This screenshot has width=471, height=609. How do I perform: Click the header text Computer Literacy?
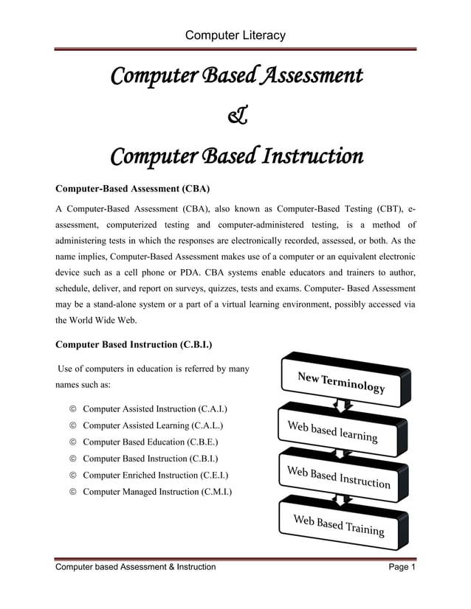[x=235, y=35]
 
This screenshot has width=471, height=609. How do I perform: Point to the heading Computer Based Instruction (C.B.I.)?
[x=135, y=344]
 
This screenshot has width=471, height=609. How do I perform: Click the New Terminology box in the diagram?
[x=341, y=382]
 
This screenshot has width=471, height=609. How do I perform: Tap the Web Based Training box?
[x=338, y=525]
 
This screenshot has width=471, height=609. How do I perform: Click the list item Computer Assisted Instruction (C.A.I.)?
[x=155, y=408]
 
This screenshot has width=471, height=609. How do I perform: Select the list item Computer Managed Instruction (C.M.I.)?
[x=157, y=491]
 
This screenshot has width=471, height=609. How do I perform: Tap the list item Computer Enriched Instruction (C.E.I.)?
[x=155, y=475]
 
